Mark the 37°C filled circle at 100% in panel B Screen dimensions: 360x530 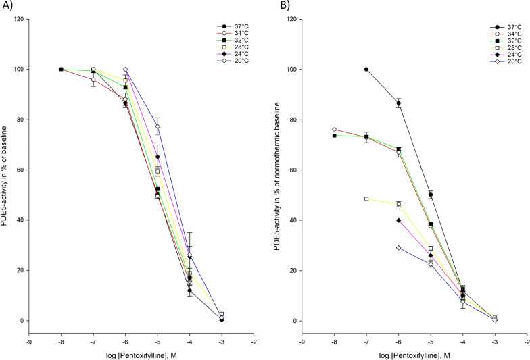tap(366, 69)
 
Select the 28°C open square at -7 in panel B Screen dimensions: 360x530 tap(366, 199)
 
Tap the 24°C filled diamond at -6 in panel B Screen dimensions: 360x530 tap(398, 220)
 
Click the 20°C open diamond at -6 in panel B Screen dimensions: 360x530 tap(398, 248)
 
